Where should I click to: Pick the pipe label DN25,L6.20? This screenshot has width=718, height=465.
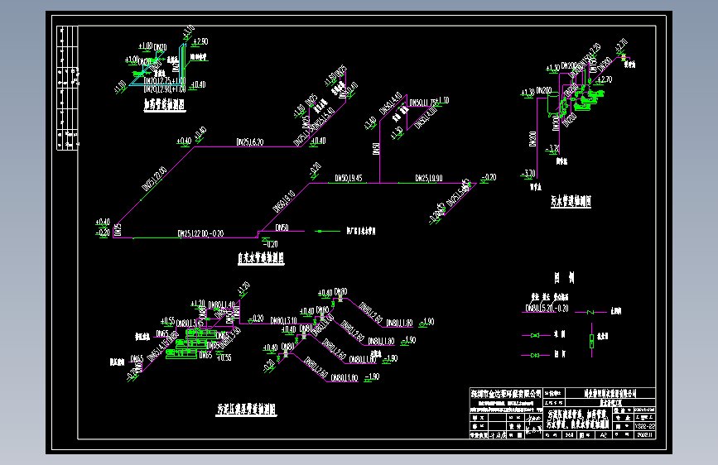tap(249, 142)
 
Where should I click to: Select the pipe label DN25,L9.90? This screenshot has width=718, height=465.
tap(429, 178)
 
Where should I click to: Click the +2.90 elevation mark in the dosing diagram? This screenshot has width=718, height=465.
tap(198, 41)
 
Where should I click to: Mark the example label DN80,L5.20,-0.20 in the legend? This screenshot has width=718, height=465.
tap(547, 309)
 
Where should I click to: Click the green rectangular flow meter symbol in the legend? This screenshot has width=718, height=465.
tap(591, 341)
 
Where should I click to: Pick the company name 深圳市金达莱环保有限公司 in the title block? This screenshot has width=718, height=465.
tap(505, 393)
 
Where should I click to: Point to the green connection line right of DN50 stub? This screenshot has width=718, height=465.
tap(329, 231)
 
